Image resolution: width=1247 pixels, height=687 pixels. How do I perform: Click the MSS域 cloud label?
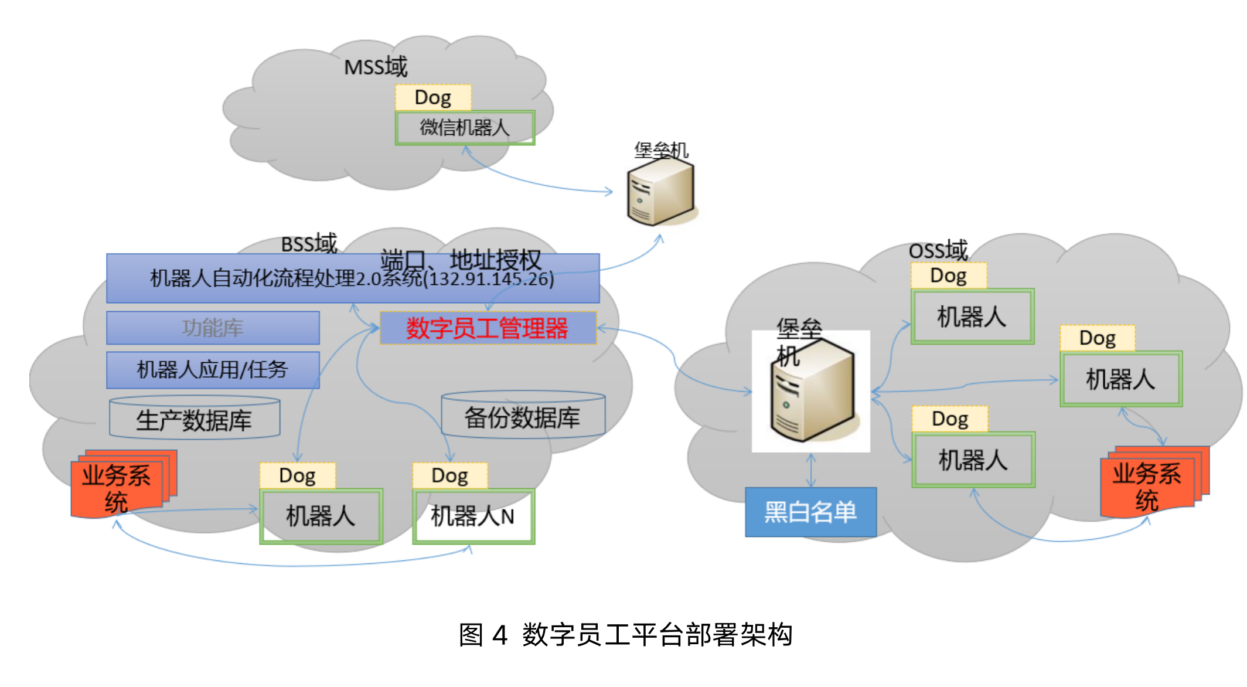point(376,67)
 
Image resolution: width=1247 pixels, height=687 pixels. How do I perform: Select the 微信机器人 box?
point(465,127)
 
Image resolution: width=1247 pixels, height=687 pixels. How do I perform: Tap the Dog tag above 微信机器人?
point(433,97)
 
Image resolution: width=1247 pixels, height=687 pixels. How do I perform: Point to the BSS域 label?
point(309,243)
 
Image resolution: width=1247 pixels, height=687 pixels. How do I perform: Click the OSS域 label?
point(938,250)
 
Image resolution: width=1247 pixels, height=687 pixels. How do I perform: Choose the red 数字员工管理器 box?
point(488,328)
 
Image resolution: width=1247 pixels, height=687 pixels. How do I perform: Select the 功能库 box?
point(213,328)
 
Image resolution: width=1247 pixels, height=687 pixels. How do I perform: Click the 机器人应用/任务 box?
point(213,370)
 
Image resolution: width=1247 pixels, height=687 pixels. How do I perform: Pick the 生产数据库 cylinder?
point(195,419)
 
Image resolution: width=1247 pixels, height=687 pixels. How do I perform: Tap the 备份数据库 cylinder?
point(523,417)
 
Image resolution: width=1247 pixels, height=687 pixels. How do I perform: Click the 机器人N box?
point(473,516)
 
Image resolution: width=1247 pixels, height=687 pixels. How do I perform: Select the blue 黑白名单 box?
point(810,512)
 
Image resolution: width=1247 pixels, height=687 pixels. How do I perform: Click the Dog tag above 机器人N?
point(449,475)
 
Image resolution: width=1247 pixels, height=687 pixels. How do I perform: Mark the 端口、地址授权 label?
point(461,260)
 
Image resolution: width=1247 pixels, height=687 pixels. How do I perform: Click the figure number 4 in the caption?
point(499,635)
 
